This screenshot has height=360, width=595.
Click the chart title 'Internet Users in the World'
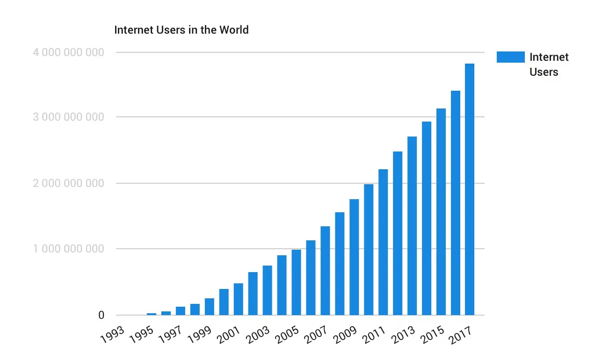(181, 30)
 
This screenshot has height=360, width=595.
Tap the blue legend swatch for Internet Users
(510, 57)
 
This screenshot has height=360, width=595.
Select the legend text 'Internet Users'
(549, 65)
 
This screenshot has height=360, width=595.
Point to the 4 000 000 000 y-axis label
(68, 52)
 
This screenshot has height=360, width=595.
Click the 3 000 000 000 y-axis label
(68, 117)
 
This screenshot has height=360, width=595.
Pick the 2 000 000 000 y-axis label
(68, 183)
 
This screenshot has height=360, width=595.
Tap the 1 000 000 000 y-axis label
(68, 249)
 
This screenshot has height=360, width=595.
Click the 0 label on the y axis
(101, 316)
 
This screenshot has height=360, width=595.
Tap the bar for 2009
(354, 257)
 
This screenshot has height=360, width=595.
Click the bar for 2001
(238, 299)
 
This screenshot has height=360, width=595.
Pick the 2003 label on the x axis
(257, 335)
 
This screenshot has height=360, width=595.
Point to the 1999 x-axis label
(200, 335)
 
